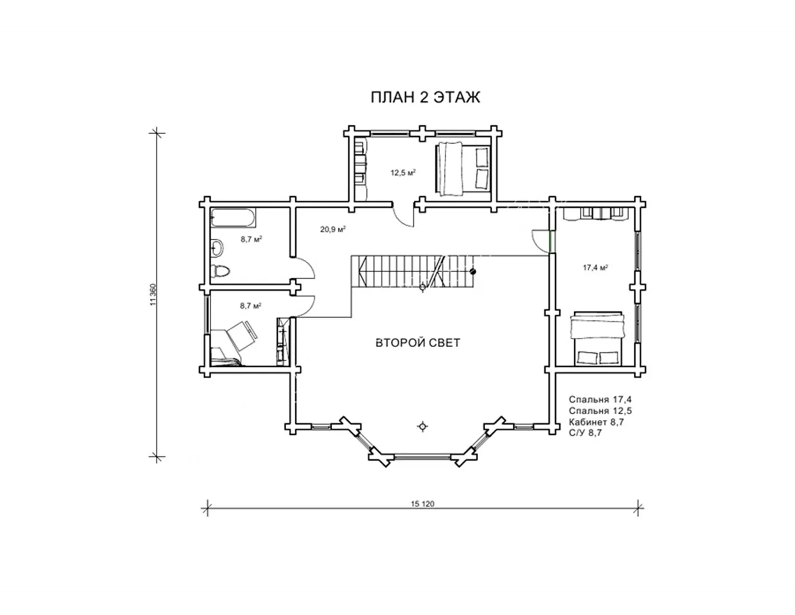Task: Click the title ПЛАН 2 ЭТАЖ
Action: coord(425,98)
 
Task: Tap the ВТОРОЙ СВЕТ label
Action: coord(418,343)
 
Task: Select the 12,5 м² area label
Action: coord(403,173)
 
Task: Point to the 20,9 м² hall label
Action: coord(333,229)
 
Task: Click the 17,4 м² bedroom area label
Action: coord(595,267)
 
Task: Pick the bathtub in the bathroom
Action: coord(233,218)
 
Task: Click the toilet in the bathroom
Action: coord(220,271)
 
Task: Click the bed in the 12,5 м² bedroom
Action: coord(463,169)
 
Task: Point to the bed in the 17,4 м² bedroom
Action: coord(597,338)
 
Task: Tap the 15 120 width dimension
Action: coord(422,504)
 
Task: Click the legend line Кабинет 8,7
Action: coord(597,422)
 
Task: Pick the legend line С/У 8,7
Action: coord(585,433)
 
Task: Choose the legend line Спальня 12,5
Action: coord(600,410)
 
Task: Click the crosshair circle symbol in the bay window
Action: coord(423,426)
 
